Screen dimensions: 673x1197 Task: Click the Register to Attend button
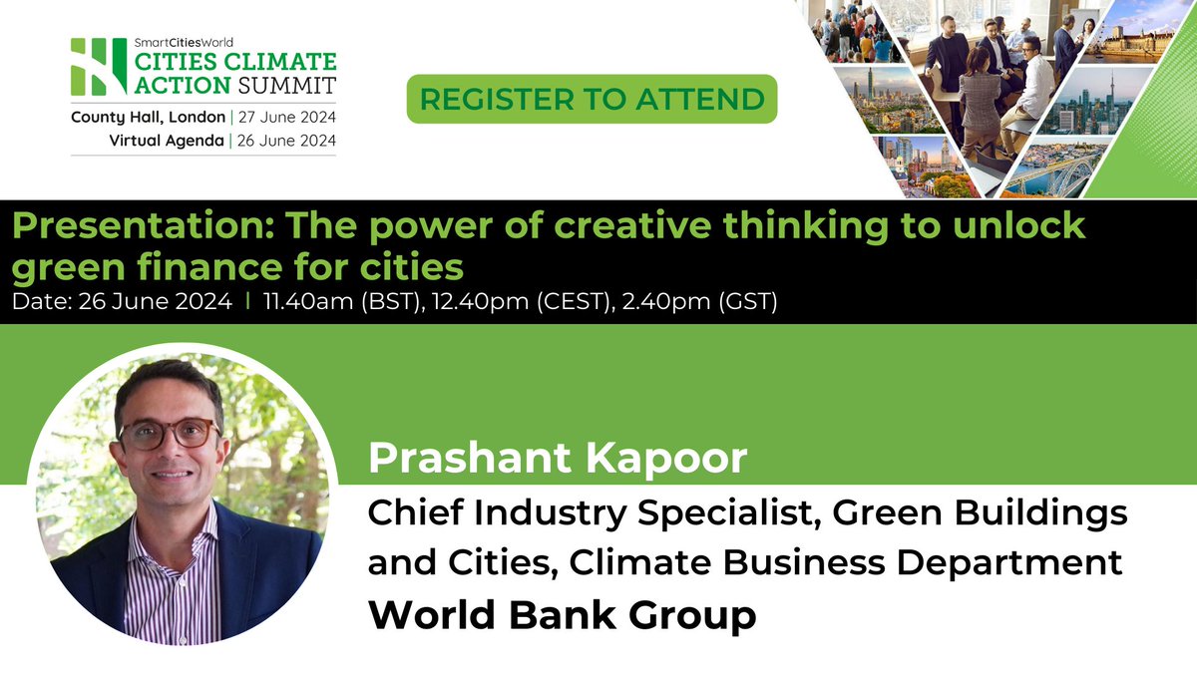[x=592, y=99]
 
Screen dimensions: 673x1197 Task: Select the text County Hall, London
[x=148, y=117]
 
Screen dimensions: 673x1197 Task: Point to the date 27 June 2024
[x=285, y=117]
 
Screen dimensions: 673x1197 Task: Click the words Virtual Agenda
[x=167, y=141]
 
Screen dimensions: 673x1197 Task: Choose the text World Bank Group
[x=563, y=615]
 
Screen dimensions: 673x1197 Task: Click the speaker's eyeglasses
[x=169, y=433]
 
